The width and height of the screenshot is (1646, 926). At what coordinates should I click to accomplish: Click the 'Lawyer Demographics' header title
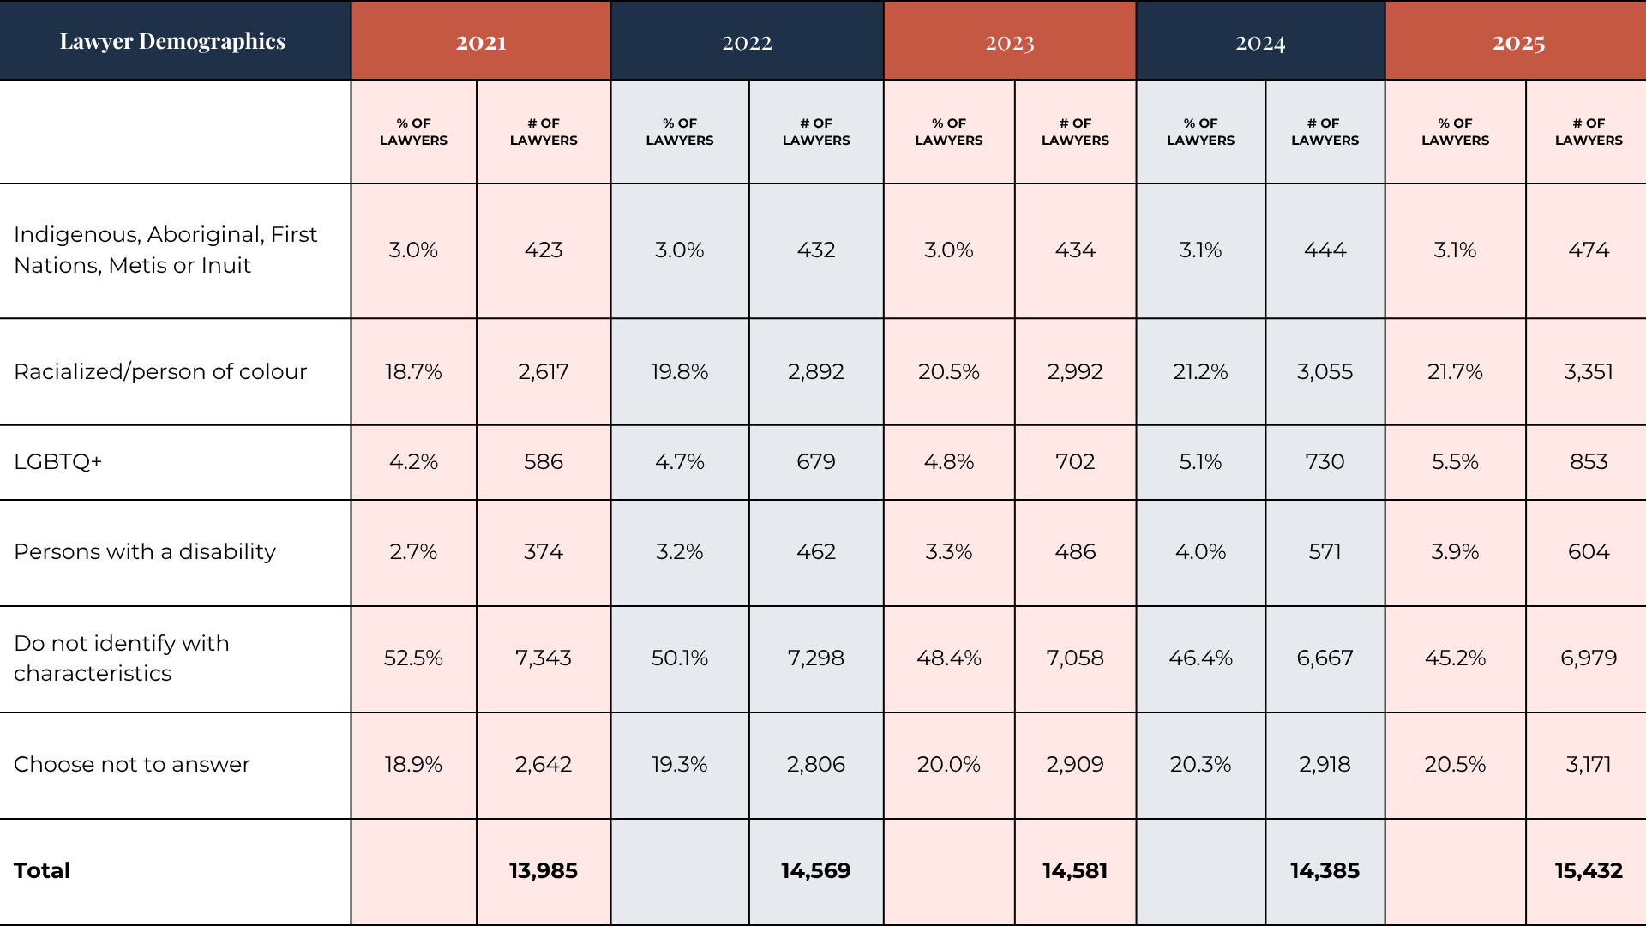172,41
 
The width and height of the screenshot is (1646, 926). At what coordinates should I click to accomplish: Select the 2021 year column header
481,42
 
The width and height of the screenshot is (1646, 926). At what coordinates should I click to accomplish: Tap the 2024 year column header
1260,43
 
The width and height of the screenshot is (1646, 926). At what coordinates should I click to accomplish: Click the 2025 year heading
1518,43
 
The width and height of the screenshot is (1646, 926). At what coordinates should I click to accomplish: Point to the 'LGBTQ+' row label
58,461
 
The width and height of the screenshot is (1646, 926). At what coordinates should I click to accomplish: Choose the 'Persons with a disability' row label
145,551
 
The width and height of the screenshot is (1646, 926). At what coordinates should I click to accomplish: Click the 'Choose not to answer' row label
132,764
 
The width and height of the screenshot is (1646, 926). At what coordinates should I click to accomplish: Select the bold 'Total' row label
42,870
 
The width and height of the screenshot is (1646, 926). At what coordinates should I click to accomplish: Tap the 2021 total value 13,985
544,870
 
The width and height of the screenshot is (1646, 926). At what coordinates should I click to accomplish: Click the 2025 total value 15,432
1589,870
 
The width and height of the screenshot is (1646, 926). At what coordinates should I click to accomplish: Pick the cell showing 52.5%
413,658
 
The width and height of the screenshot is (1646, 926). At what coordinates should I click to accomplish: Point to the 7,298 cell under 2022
816,658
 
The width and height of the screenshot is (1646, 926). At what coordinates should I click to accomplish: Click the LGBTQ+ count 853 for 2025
1589,461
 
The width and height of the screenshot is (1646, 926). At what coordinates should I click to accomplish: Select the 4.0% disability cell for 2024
1200,551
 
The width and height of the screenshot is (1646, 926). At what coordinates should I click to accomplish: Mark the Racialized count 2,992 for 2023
1075,371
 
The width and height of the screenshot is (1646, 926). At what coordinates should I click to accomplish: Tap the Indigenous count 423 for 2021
544,250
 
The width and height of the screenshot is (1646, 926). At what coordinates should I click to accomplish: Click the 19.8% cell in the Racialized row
679,371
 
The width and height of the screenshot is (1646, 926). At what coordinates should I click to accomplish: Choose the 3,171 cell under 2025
1589,764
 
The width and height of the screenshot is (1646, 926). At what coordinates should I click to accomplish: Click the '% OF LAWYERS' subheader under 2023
949,132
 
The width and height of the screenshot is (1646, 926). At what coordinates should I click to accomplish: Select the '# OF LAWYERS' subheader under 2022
816,132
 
